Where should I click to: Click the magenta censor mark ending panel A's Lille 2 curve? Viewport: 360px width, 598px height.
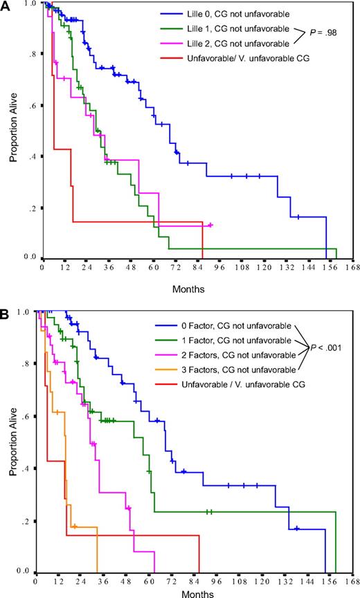(x=210, y=225)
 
